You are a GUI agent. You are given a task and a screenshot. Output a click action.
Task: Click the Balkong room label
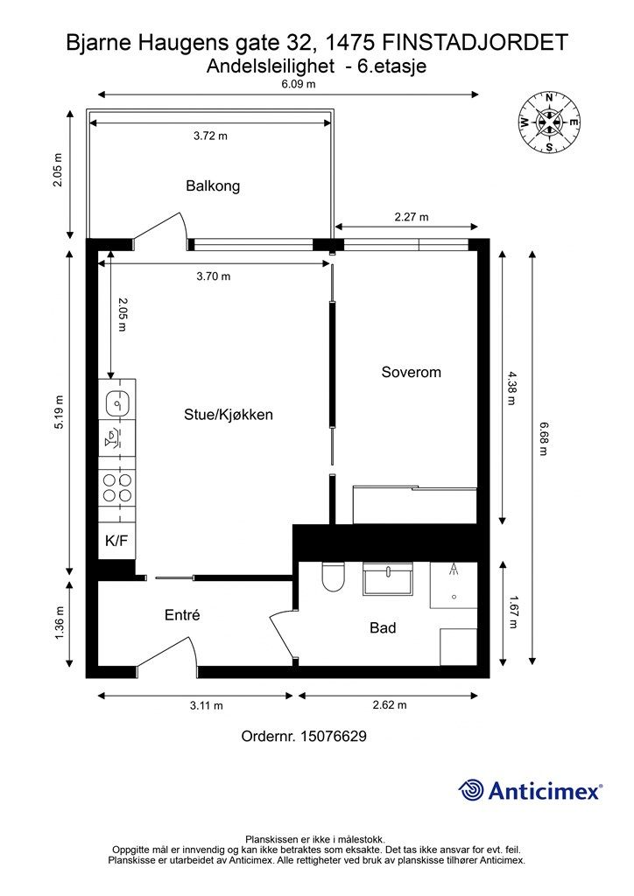(213, 186)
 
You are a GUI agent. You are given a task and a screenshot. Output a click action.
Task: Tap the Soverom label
(411, 372)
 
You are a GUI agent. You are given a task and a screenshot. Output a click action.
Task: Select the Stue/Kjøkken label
(228, 414)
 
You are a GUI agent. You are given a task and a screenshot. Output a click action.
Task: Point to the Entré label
(182, 615)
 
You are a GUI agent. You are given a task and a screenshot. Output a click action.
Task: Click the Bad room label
(383, 628)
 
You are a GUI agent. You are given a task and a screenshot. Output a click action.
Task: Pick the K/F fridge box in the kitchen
(116, 541)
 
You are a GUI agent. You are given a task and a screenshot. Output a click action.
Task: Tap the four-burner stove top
(117, 487)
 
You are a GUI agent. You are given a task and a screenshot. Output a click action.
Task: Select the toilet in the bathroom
(333, 577)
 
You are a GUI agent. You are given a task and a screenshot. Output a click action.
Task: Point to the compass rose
(549, 122)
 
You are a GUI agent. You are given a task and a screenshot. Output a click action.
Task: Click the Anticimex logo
(530, 790)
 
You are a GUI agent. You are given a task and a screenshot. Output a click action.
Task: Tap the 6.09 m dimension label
(299, 83)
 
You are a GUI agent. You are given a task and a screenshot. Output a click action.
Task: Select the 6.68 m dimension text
(543, 438)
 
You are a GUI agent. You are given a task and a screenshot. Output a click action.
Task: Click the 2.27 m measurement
(411, 217)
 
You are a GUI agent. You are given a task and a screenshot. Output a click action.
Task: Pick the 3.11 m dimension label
(207, 706)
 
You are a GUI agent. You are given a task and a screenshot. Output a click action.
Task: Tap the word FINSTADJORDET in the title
(474, 42)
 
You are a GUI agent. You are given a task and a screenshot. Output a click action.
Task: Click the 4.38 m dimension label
(511, 388)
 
